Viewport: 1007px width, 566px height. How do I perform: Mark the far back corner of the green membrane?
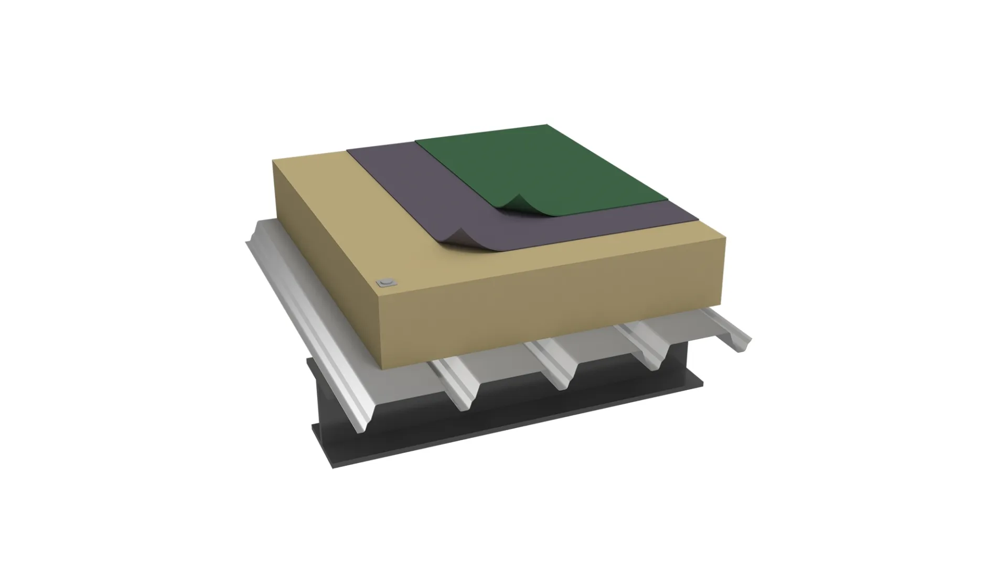tap(547, 125)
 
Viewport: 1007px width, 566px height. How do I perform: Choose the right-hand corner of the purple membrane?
tap(698, 220)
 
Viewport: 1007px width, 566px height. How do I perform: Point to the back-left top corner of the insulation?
tap(274, 161)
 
